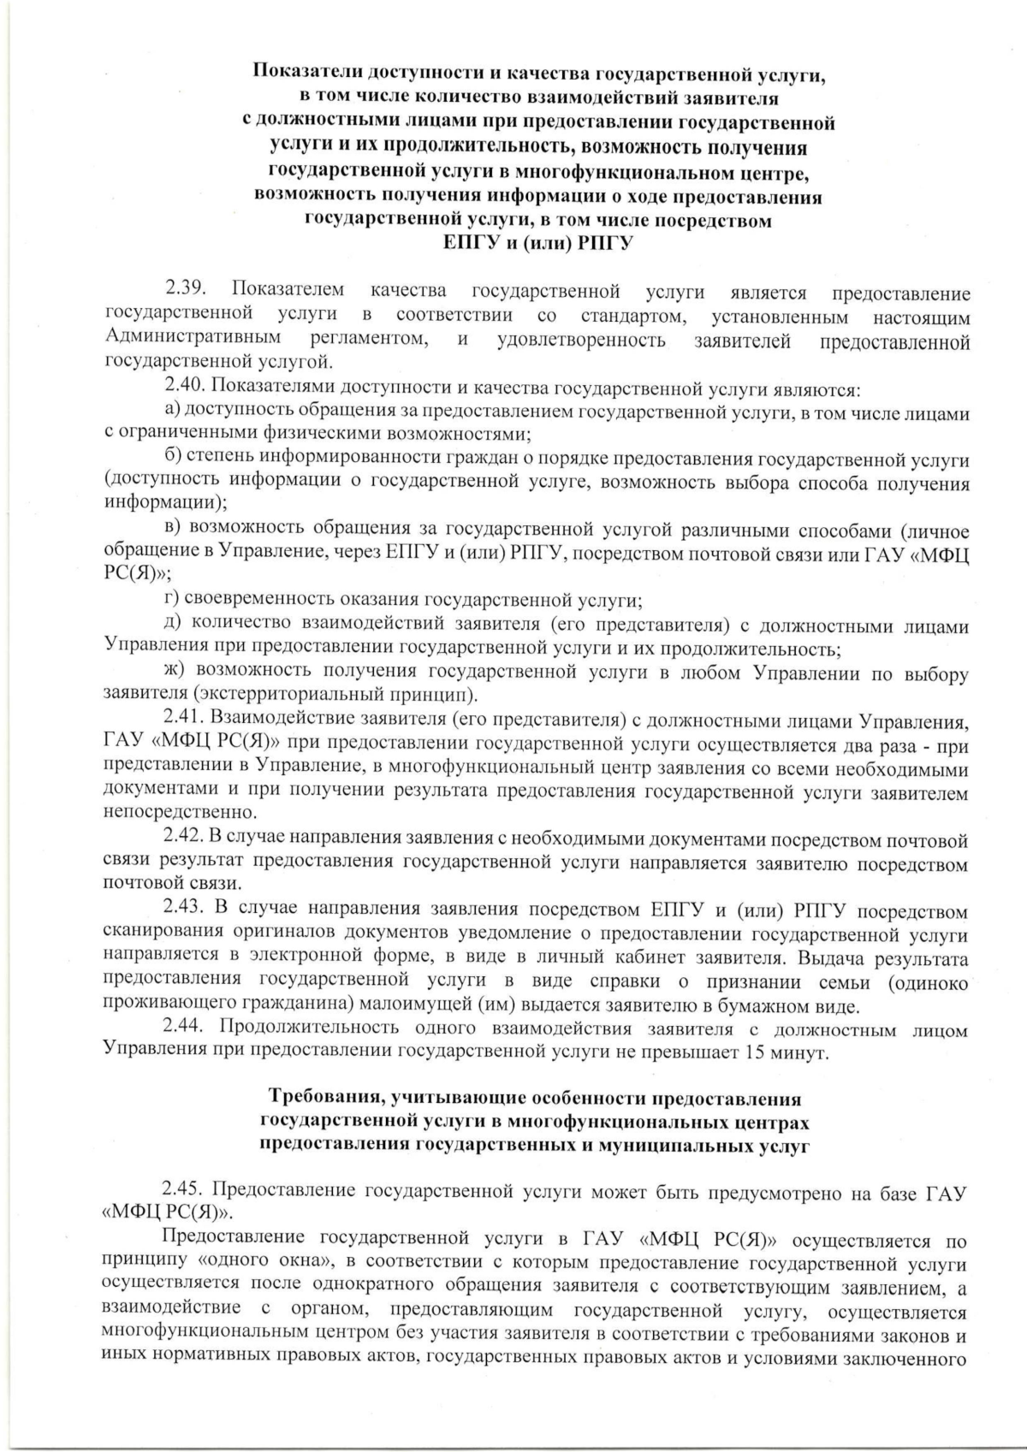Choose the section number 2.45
185,1191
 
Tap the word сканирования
164,932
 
